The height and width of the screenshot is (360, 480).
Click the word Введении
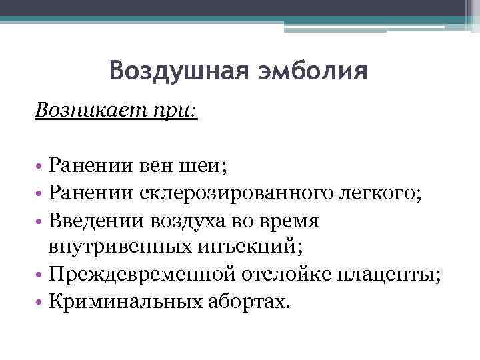(99, 220)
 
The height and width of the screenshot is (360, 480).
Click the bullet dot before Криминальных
(39, 303)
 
